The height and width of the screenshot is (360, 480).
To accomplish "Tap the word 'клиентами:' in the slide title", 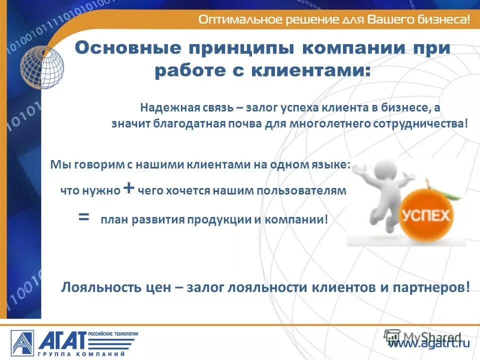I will [x=321, y=70].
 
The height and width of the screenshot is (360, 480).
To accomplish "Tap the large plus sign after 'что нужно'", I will [x=129, y=189].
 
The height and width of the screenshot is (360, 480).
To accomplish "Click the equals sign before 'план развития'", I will [x=84, y=217].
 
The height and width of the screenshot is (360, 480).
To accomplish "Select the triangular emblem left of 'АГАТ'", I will [x=21, y=343].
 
